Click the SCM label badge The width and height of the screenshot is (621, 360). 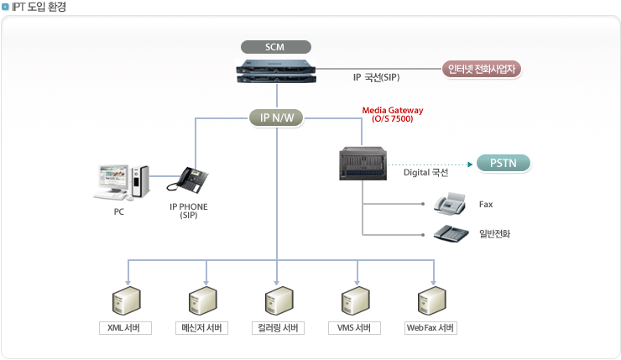[x=275, y=46]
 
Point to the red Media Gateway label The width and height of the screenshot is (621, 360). [x=393, y=114]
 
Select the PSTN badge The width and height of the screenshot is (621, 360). [x=503, y=163]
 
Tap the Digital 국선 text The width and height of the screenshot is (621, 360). [x=426, y=174]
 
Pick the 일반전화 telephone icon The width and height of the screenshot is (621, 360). [x=451, y=233]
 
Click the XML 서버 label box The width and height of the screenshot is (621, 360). [x=125, y=328]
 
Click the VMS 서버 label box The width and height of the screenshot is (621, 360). [x=354, y=328]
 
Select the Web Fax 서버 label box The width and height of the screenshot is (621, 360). [x=431, y=328]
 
